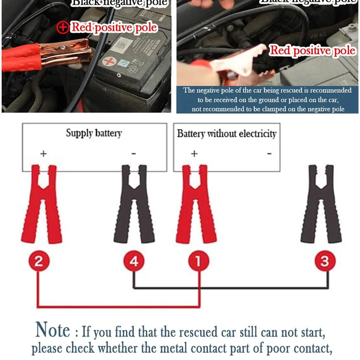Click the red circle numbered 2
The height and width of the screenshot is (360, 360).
(38, 261)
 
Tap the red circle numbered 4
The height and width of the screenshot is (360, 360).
(134, 261)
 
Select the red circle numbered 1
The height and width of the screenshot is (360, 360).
(198, 261)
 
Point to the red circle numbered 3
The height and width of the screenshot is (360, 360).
(325, 261)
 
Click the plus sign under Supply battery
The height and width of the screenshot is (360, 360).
(43, 154)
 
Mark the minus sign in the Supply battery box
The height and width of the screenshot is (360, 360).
(134, 154)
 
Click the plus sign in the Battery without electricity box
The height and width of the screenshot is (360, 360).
(194, 154)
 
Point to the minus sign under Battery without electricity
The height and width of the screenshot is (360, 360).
(269, 154)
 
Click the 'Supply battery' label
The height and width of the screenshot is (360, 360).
(94, 133)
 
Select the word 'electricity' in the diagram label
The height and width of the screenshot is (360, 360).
(258, 134)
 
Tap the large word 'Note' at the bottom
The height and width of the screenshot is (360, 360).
(53, 330)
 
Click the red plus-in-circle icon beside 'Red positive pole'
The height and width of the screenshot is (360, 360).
(63, 28)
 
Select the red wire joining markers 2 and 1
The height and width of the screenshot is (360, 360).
(117, 307)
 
